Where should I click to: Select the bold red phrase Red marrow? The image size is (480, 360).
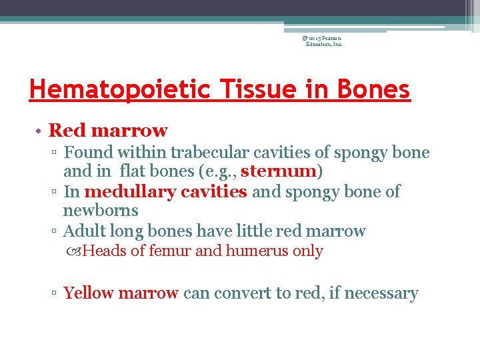(x=108, y=130)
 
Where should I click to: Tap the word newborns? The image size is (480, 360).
(x=101, y=211)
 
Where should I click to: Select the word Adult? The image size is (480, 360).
(x=84, y=231)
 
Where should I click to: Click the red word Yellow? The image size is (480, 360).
(x=89, y=293)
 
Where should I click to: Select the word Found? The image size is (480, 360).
(x=87, y=153)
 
